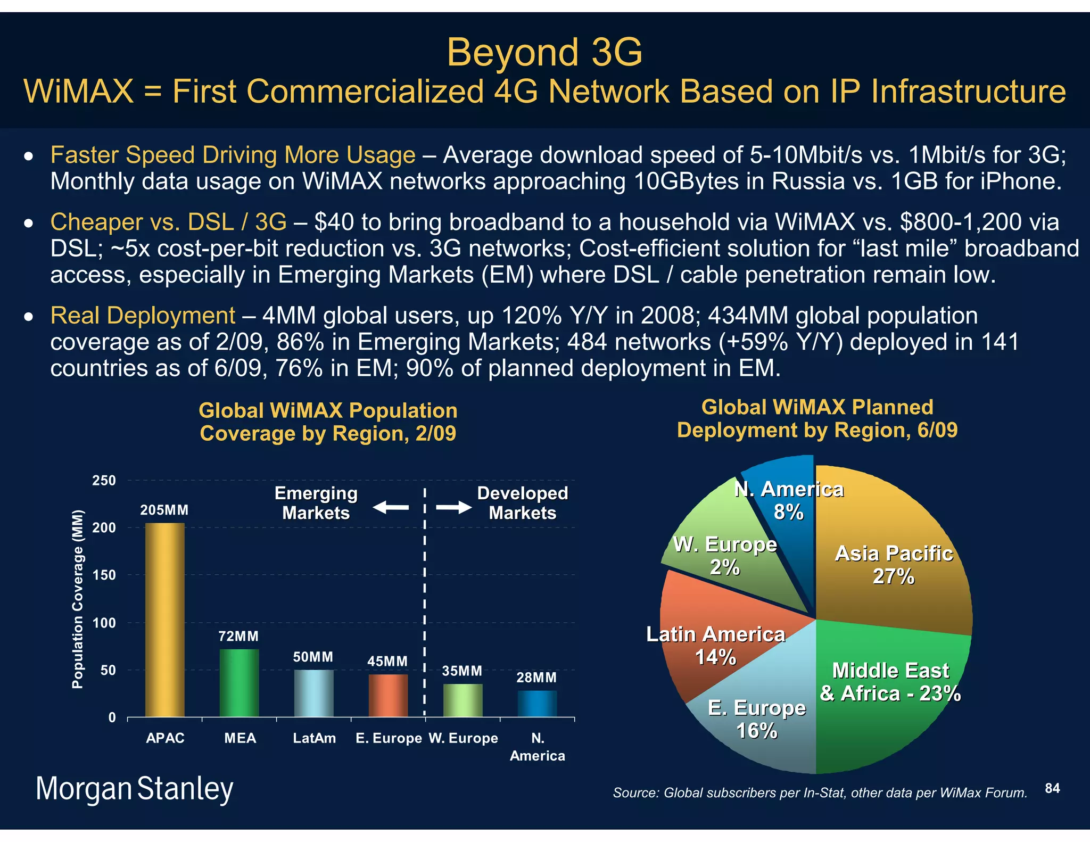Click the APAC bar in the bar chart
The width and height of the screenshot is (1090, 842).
pos(165,620)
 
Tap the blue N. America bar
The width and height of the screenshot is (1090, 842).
pos(537,704)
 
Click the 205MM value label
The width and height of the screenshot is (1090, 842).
pos(164,510)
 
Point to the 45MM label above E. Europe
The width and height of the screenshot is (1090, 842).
pos(387,662)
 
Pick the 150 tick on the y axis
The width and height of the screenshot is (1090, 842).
pos(104,575)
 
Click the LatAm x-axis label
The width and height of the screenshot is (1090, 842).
pos(314,738)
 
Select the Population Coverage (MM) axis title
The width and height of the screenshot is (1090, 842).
pos(78,599)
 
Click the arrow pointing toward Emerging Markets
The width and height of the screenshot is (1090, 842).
pos(391,508)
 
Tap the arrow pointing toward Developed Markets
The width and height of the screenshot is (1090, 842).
pos(453,508)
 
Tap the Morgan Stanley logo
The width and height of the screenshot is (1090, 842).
pos(135,789)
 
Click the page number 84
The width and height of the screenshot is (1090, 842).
pos(1052,788)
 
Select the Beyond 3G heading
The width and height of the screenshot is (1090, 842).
pos(544,52)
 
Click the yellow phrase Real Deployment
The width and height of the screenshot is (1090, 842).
pos(143,316)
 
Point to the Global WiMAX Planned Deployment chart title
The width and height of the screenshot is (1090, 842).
pos(817,419)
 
